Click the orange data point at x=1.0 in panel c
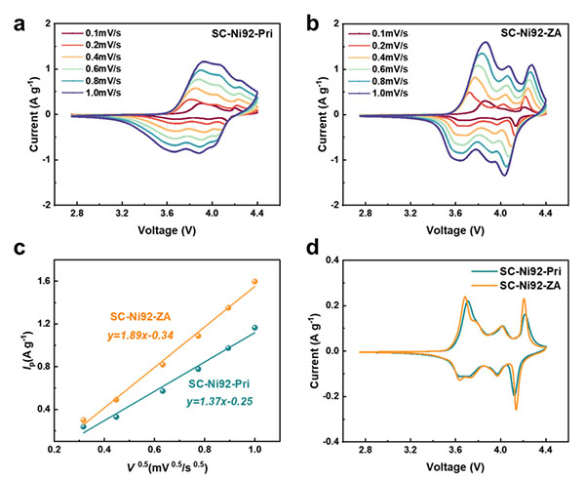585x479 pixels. [254, 281]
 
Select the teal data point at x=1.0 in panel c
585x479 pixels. [254, 328]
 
